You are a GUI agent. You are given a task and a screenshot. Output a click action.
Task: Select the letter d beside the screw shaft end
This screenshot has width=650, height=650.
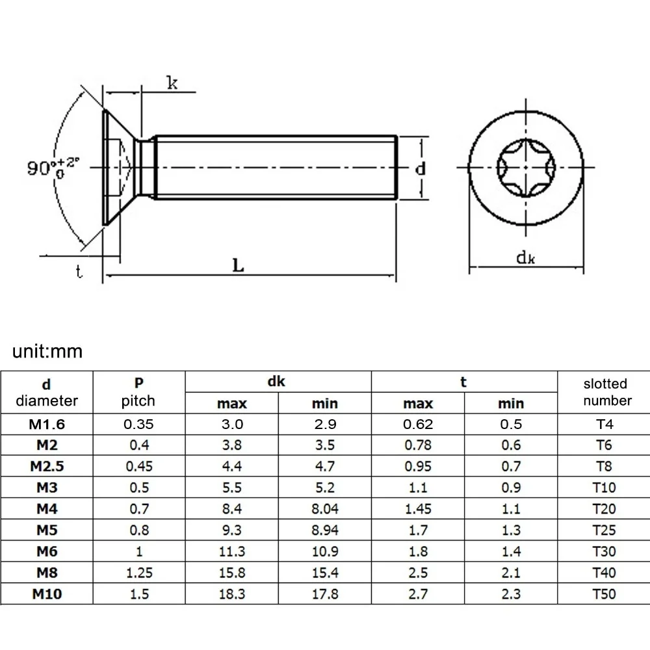pos(421,168)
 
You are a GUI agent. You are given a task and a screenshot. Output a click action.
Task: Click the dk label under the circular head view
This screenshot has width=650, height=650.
pos(525,258)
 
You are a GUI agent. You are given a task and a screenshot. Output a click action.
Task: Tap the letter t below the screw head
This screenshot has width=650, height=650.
pos(79,272)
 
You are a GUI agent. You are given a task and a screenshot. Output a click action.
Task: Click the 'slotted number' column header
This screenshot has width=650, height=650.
pos(606,392)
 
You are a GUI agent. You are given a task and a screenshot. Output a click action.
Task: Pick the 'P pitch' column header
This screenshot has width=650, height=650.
pos(138,392)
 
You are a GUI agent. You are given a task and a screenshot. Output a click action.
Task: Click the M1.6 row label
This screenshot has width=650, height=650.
pos(47,424)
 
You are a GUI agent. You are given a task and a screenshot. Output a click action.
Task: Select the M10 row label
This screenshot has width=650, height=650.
pos(47,593)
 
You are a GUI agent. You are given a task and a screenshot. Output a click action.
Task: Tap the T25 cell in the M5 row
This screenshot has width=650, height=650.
pos(604,530)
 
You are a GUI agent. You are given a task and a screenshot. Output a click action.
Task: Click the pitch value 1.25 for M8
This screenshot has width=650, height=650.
pos(138,572)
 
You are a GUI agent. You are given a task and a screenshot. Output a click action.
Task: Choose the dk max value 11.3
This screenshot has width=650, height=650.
pos(232,551)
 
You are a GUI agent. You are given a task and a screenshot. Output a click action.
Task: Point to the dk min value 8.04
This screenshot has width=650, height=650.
pos(324,509)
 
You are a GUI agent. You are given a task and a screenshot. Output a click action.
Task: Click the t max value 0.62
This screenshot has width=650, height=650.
pos(418,424)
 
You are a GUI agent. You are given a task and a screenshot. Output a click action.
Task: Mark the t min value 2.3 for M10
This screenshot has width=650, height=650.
pos(511,593)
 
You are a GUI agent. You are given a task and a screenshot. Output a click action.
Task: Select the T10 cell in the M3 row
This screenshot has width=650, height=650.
pos(604,487)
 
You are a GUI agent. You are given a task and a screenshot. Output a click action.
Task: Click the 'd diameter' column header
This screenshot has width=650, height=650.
pos(47,392)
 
